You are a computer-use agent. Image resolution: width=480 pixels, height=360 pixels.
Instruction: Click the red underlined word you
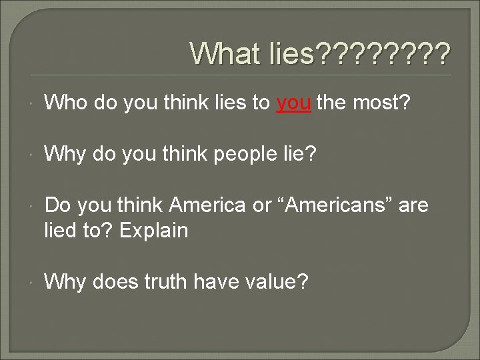pyautogui.click(x=293, y=104)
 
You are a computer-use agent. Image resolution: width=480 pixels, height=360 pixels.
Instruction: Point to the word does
pyautogui.click(x=115, y=281)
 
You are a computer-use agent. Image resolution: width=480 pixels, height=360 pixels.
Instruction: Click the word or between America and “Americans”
pyautogui.click(x=263, y=206)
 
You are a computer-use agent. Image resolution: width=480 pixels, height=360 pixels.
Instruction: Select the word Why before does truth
pyautogui.click(x=65, y=282)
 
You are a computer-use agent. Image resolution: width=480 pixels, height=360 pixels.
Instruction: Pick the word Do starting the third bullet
pyautogui.click(x=57, y=205)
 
